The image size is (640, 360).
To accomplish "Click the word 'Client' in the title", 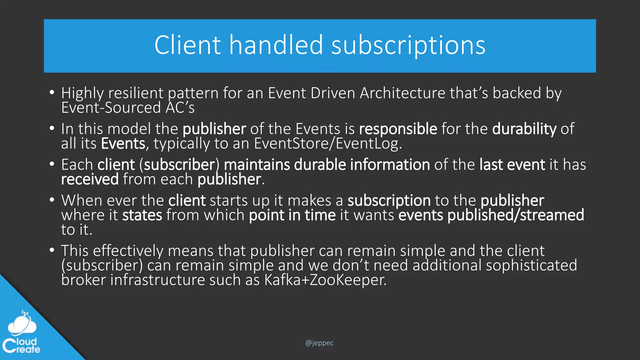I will tap(187, 45).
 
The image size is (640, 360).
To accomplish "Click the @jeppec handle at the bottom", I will tap(319, 343).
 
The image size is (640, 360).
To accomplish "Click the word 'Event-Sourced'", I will tap(111, 108).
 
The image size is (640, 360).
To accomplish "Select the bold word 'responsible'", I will tap(398, 129).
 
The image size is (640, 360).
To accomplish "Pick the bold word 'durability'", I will tap(524, 129).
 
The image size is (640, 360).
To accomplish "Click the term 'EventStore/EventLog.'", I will tap(328, 144).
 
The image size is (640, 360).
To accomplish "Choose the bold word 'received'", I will tap(90, 179).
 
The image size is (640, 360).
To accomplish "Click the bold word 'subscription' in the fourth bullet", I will tap(389, 200).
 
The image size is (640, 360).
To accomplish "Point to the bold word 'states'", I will tap(142, 215).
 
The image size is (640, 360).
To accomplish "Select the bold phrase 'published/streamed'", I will tap(516, 215).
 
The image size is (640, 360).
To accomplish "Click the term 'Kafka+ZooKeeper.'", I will tap(325, 280).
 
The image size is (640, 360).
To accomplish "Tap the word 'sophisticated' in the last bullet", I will tap(531, 265).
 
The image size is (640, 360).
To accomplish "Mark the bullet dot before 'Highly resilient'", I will tap(52, 92).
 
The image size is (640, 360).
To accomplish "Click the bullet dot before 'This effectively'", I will tap(52, 250).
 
